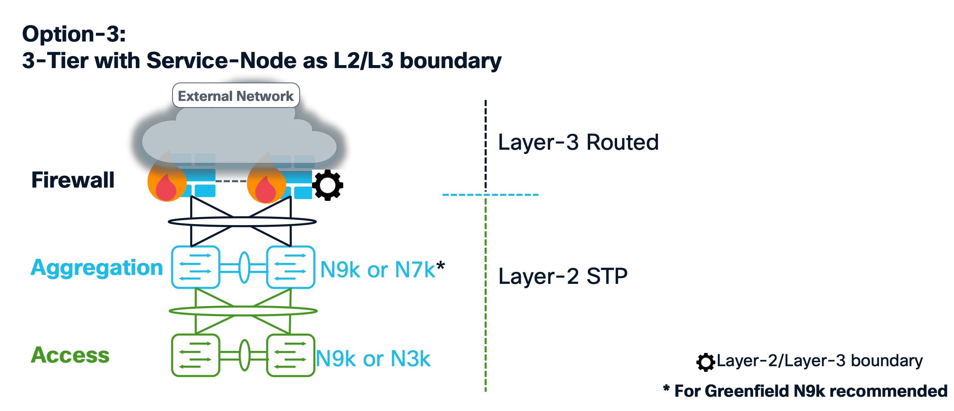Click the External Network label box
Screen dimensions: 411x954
pos(236,96)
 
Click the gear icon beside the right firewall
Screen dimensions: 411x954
pos(327,185)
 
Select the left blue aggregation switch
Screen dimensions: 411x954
pos(196,267)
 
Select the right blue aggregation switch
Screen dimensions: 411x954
pos(290,267)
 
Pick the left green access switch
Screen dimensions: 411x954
pos(196,355)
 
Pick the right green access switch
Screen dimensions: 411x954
pos(290,355)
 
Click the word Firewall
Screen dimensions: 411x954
pos(73,180)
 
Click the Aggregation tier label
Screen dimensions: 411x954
pos(97,267)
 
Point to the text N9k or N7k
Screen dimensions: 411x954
pos(378,270)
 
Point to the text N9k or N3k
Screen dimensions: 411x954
pos(373,359)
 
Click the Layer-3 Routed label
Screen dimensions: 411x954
pos(578,142)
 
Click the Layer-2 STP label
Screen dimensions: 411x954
pos(563,276)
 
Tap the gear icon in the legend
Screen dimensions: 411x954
pos(705,362)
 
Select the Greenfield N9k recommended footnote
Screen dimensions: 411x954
pos(806,391)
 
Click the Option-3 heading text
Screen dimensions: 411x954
pos(74,34)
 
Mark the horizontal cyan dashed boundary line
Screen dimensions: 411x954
pos(490,195)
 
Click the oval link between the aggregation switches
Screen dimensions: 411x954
pos(244,267)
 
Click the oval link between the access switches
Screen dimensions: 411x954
pos(244,355)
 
